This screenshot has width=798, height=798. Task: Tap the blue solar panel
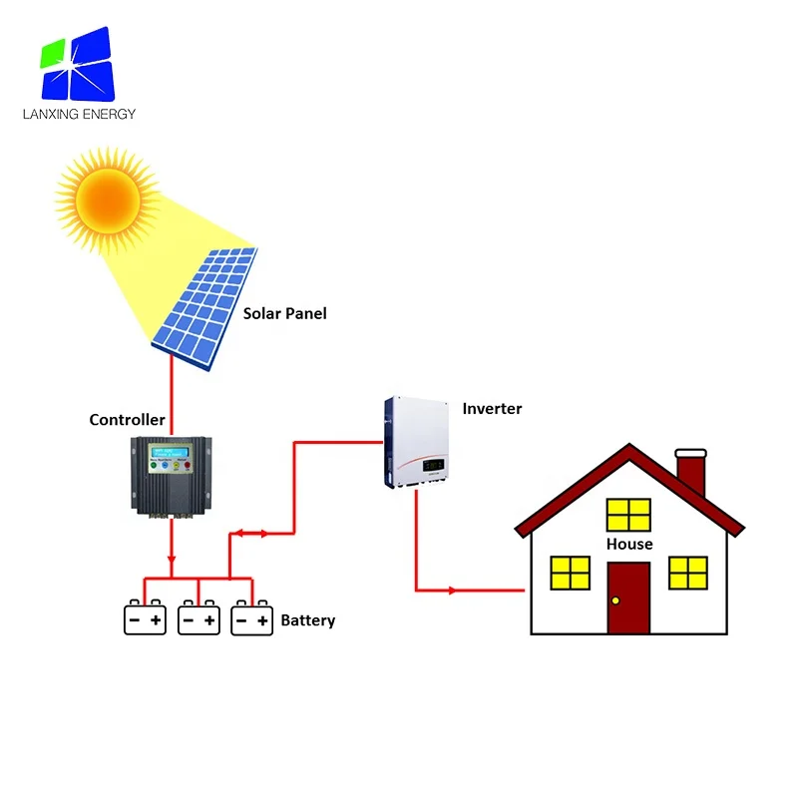click(x=205, y=305)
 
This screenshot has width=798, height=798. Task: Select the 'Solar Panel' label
click(x=285, y=313)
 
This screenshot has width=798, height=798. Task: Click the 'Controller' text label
click(x=127, y=420)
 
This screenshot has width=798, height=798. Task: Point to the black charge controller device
click(x=172, y=474)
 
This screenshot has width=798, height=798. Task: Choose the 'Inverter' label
click(x=492, y=409)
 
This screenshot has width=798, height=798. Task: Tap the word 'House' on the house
click(x=629, y=544)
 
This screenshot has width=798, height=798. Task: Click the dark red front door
click(x=629, y=598)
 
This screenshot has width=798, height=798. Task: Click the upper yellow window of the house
click(x=629, y=515)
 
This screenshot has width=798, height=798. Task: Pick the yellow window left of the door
click(x=571, y=574)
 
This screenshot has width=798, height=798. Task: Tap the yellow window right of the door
click(x=688, y=574)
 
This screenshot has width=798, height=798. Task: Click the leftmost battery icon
click(x=145, y=619)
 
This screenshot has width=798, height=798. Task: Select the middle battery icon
click(x=199, y=619)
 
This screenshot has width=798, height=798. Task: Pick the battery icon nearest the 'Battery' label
click(x=251, y=619)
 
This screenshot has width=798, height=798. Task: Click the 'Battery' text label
click(x=307, y=620)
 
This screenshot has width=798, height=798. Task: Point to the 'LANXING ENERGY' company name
click(x=79, y=114)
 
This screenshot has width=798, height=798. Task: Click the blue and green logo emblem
click(x=78, y=62)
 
